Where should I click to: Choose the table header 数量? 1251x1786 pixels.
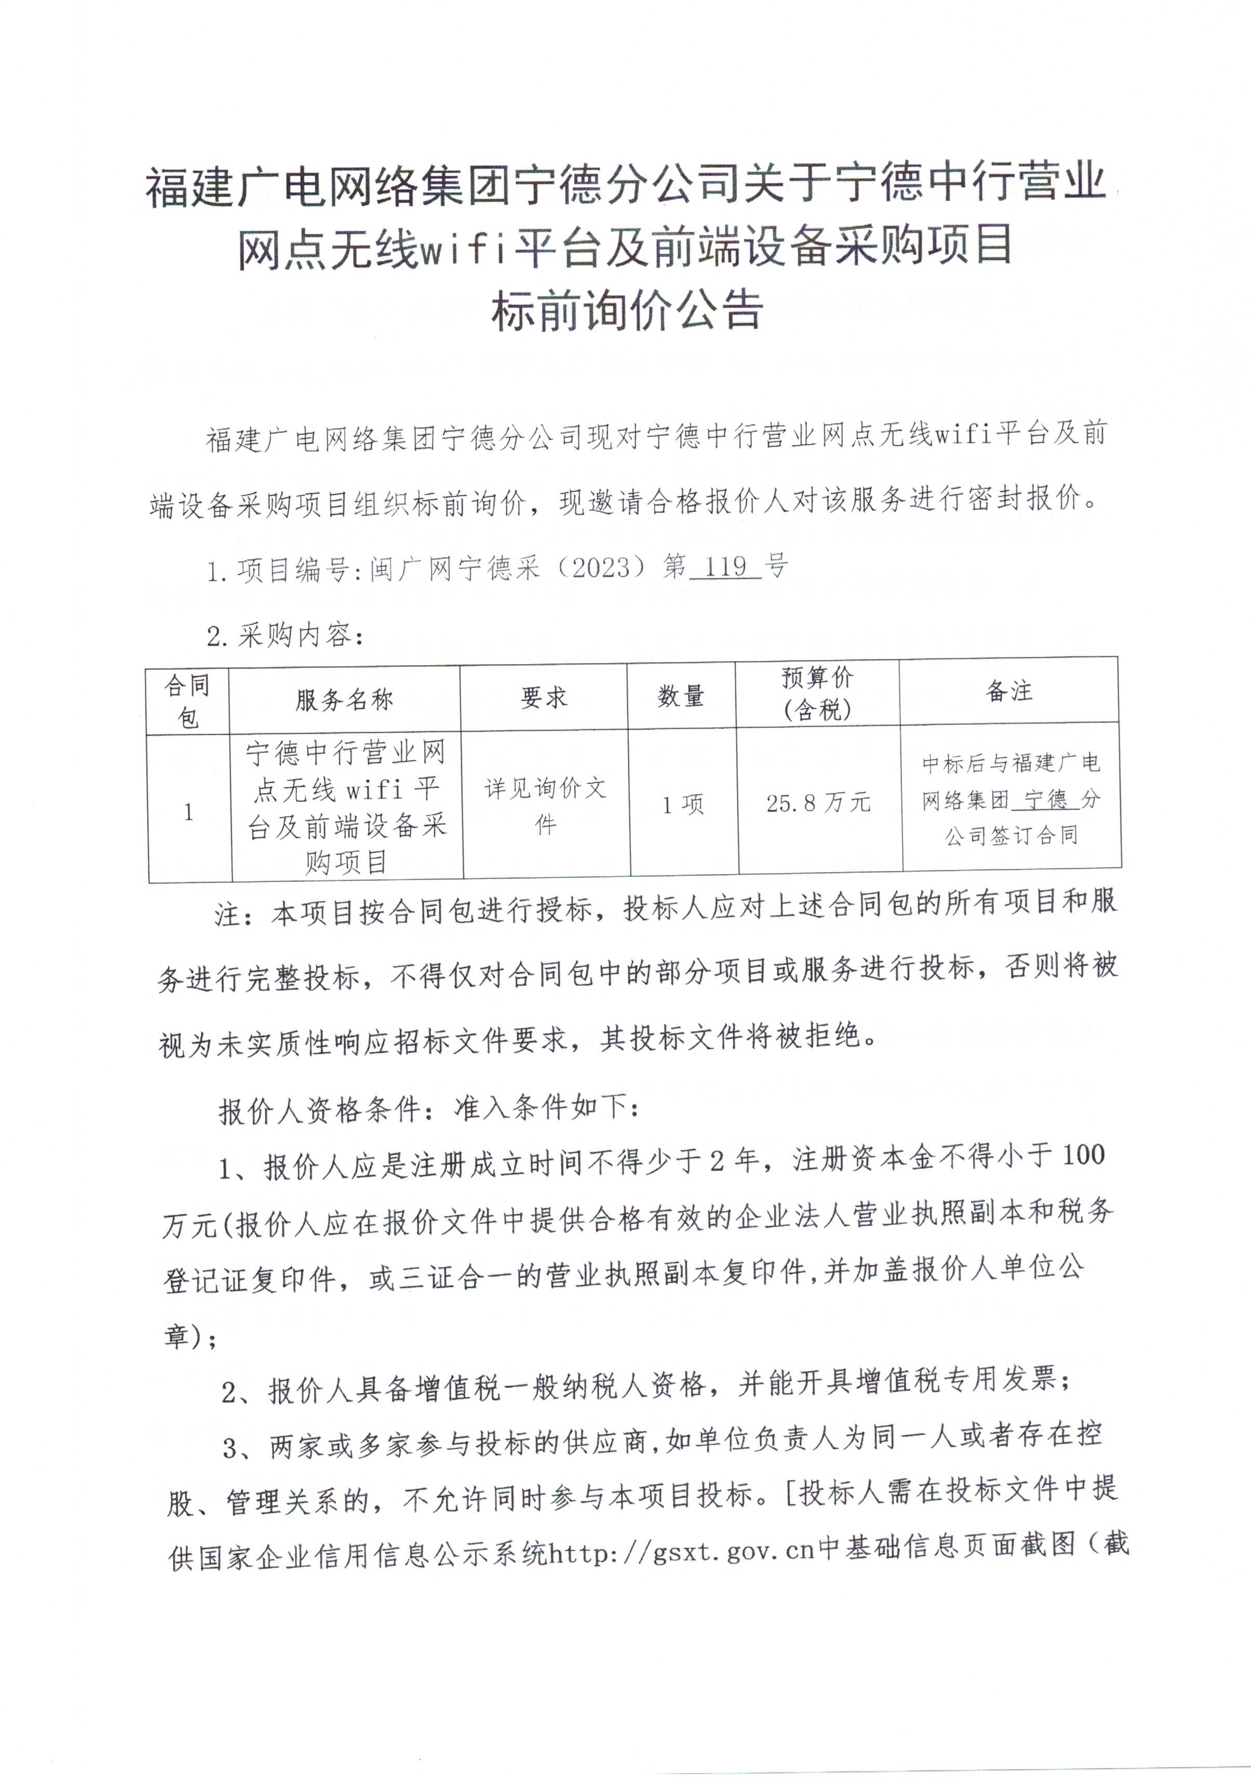pyautogui.click(x=681, y=695)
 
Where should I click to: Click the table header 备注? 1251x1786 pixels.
pyautogui.click(x=1008, y=691)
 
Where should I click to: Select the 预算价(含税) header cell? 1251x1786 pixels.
pyautogui.click(x=817, y=693)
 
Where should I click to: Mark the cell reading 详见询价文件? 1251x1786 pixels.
pyautogui.click(x=545, y=806)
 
